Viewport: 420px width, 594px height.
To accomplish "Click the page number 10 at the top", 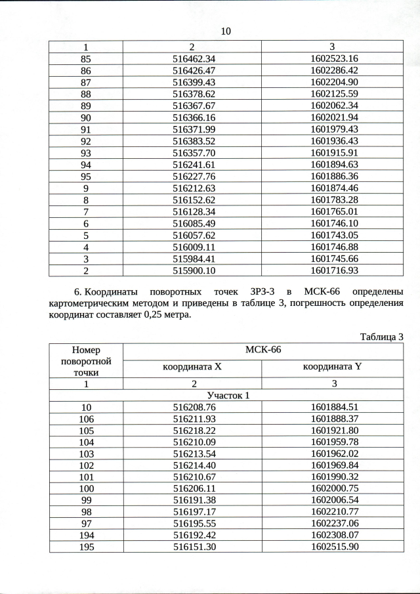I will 226,31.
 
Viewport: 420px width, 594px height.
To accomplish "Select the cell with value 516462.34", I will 192,58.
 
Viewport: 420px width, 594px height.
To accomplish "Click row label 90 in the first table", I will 86,118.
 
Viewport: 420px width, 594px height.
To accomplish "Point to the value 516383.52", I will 192,141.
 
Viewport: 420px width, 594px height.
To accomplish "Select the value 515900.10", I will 192,270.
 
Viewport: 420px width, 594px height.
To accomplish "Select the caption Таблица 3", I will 381,337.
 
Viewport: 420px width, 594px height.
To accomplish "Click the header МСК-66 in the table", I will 262,350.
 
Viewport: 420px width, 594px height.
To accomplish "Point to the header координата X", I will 192,368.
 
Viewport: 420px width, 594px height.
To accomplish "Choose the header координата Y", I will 332,368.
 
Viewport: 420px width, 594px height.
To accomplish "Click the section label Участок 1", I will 226,396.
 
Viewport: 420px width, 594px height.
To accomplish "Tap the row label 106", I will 86,419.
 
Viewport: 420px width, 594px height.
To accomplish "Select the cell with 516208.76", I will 192,408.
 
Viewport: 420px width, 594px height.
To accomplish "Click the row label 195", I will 86,547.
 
